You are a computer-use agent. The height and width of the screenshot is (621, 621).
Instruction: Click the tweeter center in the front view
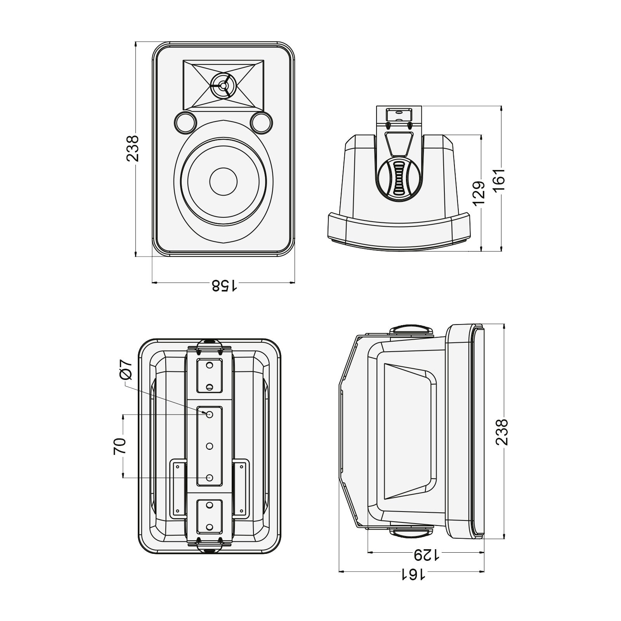223,85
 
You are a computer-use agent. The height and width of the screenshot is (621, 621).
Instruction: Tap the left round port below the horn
185,122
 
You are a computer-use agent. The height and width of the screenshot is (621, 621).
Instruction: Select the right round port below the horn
261,122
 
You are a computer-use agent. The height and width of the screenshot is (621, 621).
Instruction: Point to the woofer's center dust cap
223,181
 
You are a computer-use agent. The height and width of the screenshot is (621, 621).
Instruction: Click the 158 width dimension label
224,286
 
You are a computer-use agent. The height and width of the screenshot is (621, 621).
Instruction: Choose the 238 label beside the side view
502,432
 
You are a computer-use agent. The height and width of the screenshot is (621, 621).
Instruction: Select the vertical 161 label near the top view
500,179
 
